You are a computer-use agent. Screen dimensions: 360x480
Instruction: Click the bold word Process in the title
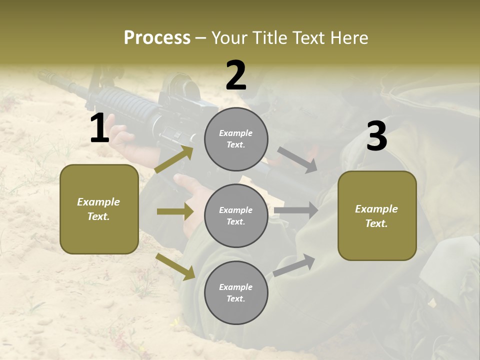coord(157,38)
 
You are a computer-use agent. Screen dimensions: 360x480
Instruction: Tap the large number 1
coord(99,128)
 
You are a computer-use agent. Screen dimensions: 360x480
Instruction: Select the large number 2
coord(236,75)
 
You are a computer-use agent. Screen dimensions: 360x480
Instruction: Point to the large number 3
coord(376,136)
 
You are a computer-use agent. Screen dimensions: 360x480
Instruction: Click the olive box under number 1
coord(99,209)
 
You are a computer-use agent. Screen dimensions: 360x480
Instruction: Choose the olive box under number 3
coord(377,215)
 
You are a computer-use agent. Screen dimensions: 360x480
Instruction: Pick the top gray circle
coord(236,139)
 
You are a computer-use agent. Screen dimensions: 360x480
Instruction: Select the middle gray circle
coord(236,215)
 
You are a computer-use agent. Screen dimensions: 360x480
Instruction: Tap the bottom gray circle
coord(236,292)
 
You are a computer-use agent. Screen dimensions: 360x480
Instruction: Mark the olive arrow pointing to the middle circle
coord(174,211)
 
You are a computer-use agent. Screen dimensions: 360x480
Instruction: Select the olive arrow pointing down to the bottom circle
coord(175,266)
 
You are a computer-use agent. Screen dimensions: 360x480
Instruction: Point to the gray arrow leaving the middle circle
coord(296,210)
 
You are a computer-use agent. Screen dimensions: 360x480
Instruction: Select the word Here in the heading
coord(348,38)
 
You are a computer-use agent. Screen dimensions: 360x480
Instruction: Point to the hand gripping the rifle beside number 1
coord(122,140)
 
